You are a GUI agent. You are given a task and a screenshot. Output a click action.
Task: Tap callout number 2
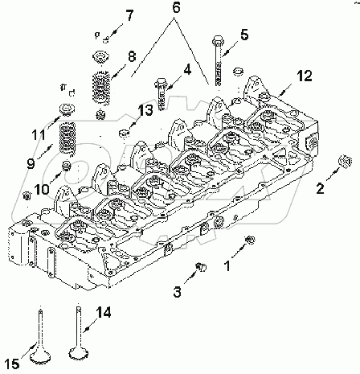point(320,189)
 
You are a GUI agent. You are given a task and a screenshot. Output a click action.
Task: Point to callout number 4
point(186,70)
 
